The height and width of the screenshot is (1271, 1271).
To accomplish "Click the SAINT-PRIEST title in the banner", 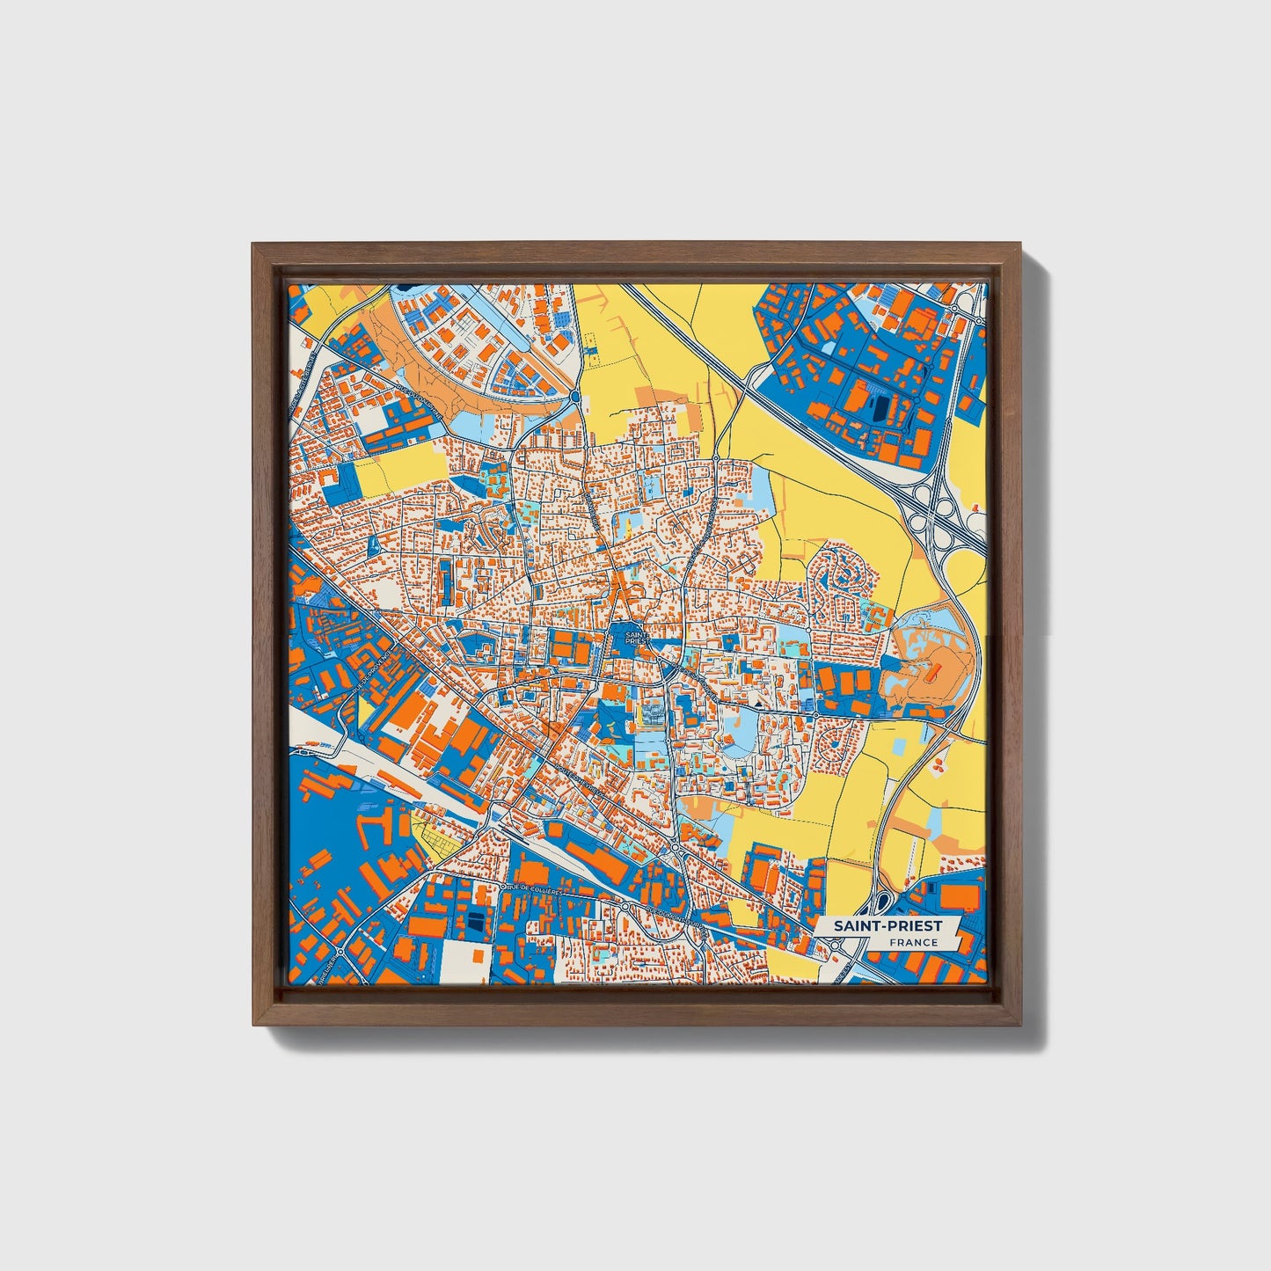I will click(x=887, y=925).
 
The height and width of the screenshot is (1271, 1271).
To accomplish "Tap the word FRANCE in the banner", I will click(x=912, y=942).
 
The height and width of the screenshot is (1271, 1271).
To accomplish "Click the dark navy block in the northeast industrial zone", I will click(x=879, y=407).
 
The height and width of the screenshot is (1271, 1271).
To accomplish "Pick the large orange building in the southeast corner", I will click(x=959, y=895).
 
